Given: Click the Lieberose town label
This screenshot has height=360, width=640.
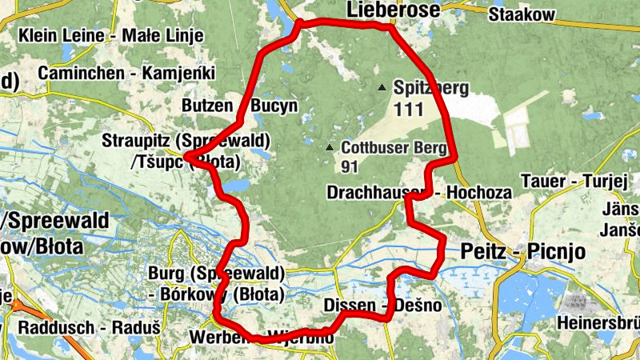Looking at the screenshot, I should (393, 10).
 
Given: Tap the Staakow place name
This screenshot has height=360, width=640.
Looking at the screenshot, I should (522, 14).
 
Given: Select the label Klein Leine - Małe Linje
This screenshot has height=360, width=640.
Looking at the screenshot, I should (111, 36).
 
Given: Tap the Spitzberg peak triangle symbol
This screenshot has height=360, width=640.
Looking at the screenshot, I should (383, 87).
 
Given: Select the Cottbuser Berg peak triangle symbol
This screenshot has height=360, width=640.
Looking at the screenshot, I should (330, 147).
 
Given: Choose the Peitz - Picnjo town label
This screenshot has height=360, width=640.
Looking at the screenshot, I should (523, 252).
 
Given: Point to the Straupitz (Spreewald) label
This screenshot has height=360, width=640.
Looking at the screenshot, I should (186, 142).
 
